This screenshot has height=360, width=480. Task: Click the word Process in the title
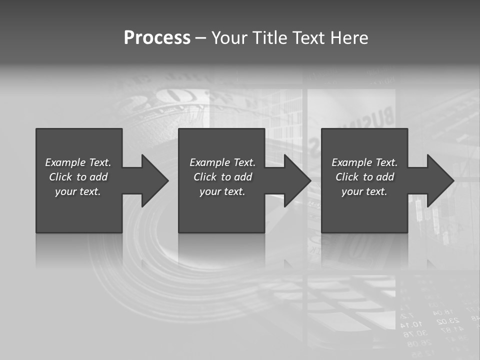click(x=157, y=38)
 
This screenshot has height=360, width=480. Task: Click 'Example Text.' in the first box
click(x=78, y=162)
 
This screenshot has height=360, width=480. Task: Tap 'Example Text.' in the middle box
click(x=222, y=162)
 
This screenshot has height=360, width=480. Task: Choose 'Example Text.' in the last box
click(x=364, y=162)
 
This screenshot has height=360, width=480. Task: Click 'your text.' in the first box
click(x=78, y=191)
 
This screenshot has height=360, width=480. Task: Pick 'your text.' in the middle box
click(x=222, y=191)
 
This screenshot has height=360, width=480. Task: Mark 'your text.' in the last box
click(x=364, y=191)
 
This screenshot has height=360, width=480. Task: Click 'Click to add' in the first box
click(x=78, y=177)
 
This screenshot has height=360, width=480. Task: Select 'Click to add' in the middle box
click(x=222, y=177)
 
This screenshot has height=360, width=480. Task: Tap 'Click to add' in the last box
click(x=364, y=177)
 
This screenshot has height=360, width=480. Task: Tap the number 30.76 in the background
click(x=415, y=333)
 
